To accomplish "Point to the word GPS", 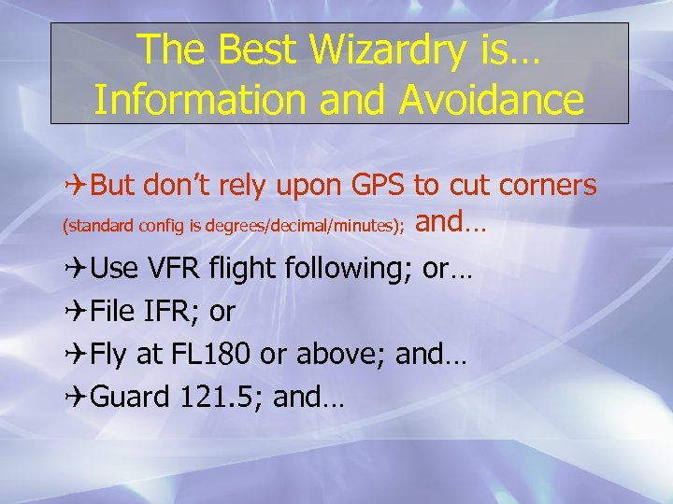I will (378, 186).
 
